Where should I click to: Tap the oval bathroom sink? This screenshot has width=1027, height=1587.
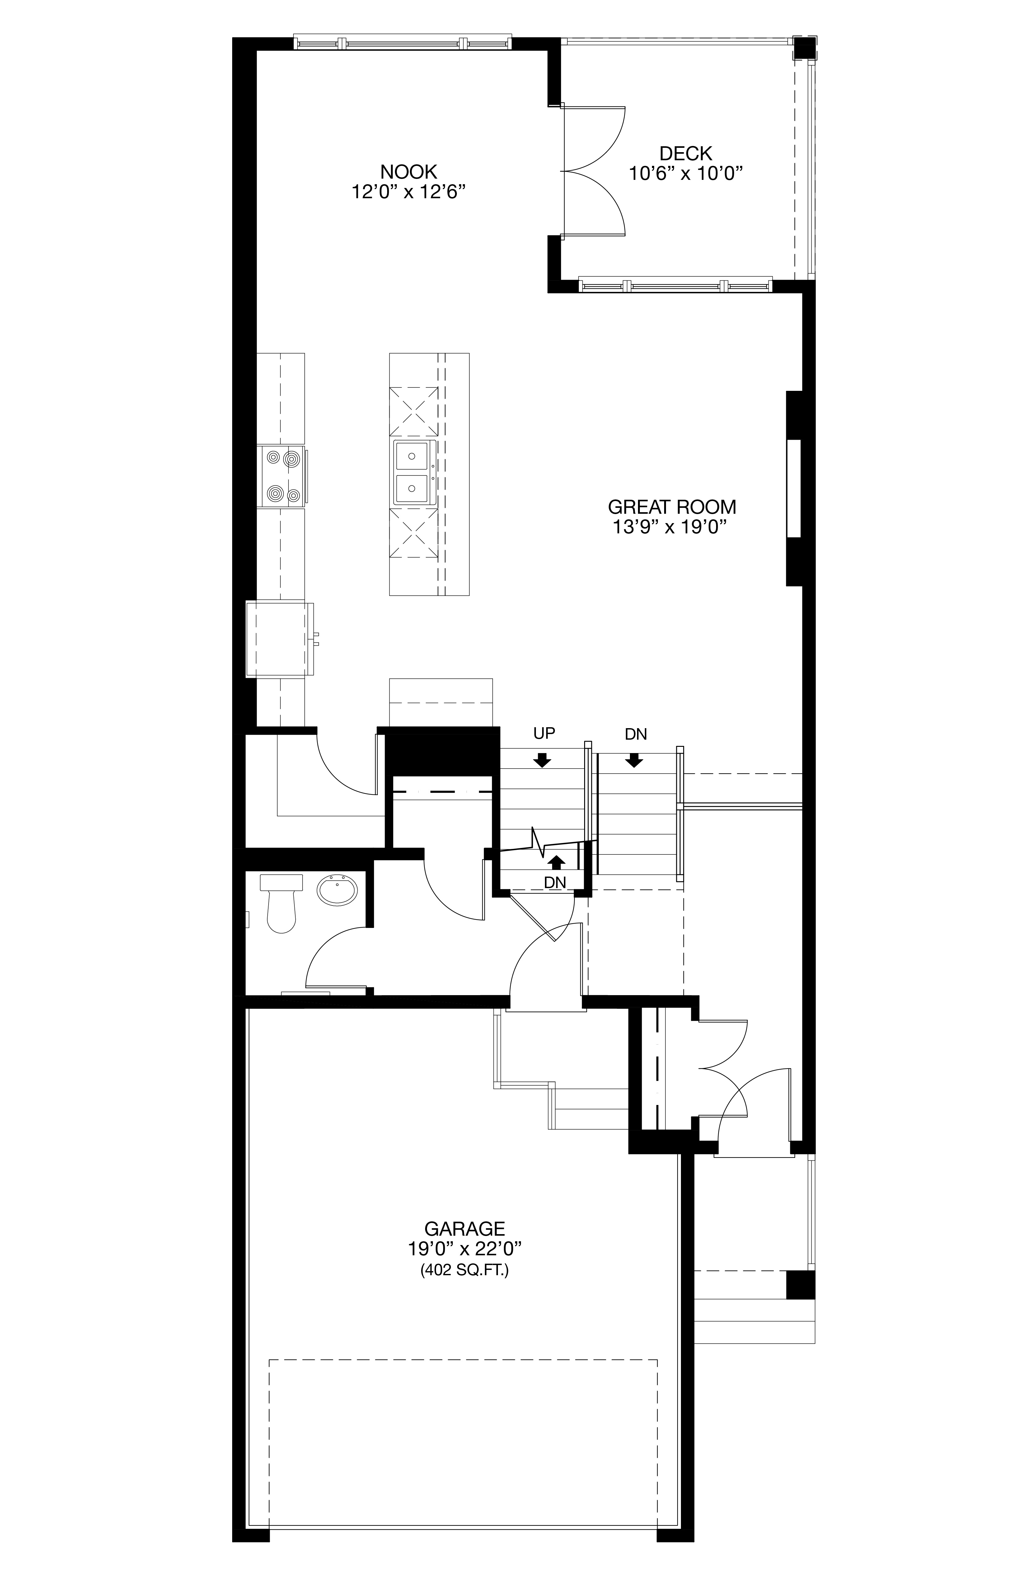(337, 890)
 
